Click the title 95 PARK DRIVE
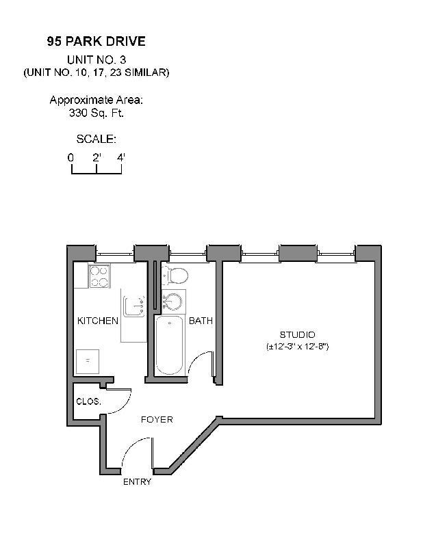(96, 42)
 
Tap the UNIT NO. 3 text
(96, 59)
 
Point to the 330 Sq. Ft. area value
(96, 113)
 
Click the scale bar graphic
(97, 170)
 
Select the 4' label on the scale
(121, 157)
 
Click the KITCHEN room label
(98, 321)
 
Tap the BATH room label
(201, 321)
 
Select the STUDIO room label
(298, 334)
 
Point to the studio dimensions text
(298, 347)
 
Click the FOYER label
(157, 419)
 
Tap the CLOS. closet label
(89, 401)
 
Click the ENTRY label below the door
(137, 482)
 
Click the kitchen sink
(133, 306)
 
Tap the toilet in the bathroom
(177, 276)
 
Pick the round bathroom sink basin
(173, 300)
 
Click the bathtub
(169, 345)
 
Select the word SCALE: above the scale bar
(96, 139)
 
